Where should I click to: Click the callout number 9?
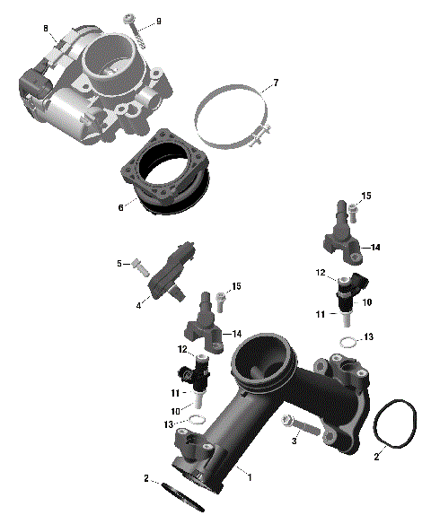(159, 21)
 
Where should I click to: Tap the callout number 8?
(46, 30)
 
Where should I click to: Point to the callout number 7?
(276, 83)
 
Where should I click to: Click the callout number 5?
(118, 263)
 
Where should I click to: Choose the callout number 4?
(139, 305)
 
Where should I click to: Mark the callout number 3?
(293, 441)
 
